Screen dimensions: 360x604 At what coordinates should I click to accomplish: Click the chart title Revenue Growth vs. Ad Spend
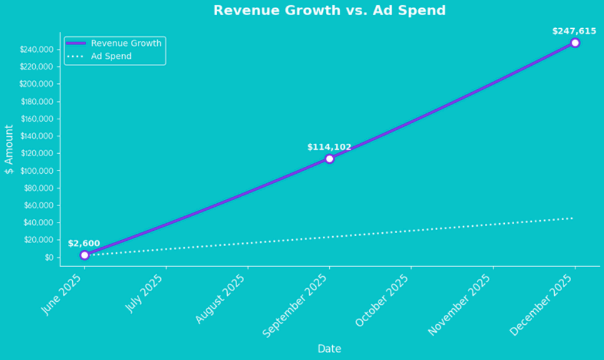pyautogui.click(x=329, y=11)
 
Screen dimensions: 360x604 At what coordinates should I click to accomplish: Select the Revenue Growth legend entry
pyautogui.click(x=126, y=43)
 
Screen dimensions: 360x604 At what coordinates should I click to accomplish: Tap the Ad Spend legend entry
pyautogui.click(x=111, y=56)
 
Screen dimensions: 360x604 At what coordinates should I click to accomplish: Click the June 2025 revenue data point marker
pyautogui.click(x=85, y=255)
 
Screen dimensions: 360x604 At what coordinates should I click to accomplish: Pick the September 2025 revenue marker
pyautogui.click(x=329, y=159)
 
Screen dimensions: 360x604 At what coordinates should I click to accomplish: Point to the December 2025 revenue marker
pyautogui.click(x=575, y=43)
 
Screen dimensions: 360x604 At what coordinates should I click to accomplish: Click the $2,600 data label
pyautogui.click(x=84, y=243)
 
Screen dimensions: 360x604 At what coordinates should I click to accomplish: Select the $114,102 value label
pyautogui.click(x=329, y=147)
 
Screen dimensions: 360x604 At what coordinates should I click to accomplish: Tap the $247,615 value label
pyautogui.click(x=574, y=31)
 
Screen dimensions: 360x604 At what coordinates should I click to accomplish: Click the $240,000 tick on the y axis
pyautogui.click(x=37, y=49)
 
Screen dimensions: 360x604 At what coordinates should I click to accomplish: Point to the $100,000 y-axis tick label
pyautogui.click(x=37, y=171)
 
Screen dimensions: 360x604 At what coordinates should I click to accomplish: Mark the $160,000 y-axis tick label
pyautogui.click(x=37, y=119)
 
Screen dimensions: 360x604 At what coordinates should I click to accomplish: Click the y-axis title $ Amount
pyautogui.click(x=9, y=149)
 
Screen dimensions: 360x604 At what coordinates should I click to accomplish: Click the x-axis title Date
pyautogui.click(x=329, y=349)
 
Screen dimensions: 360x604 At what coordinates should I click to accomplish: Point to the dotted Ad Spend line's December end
pyautogui.click(x=572, y=218)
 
